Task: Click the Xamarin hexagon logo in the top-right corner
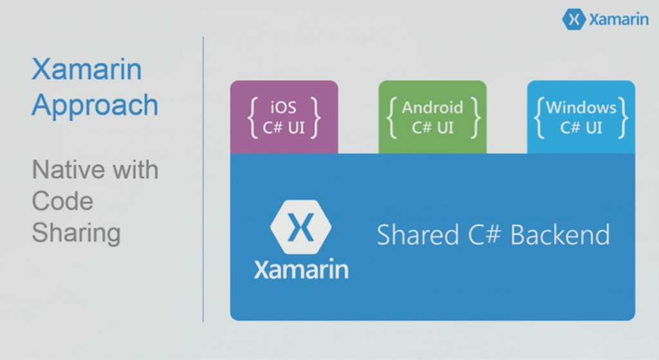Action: (573, 19)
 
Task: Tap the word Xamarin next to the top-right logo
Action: (618, 19)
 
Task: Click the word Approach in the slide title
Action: (95, 105)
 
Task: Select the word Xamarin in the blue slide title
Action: (86, 70)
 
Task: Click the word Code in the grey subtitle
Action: (62, 201)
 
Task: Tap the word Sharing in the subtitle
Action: (76, 232)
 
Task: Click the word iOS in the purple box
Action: (283, 108)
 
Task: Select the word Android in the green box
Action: (432, 108)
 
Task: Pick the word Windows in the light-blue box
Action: (581, 108)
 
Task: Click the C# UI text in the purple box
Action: (283, 128)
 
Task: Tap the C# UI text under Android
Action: (432, 128)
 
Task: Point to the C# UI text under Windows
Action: (581, 128)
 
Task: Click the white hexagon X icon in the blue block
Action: (301, 227)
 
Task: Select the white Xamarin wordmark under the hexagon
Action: (301, 269)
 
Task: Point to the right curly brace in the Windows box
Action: (622, 117)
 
